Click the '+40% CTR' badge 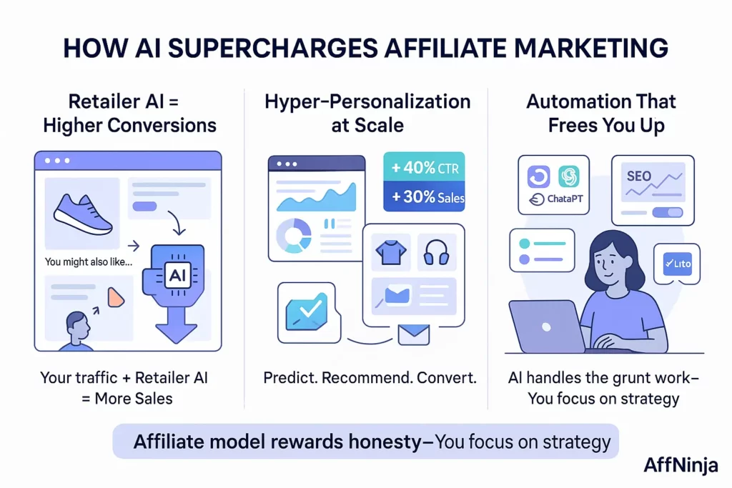coord(425,168)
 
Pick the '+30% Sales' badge coord(425,197)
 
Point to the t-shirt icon coord(390,252)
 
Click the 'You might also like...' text coord(88,262)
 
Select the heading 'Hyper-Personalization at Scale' coord(367,113)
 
